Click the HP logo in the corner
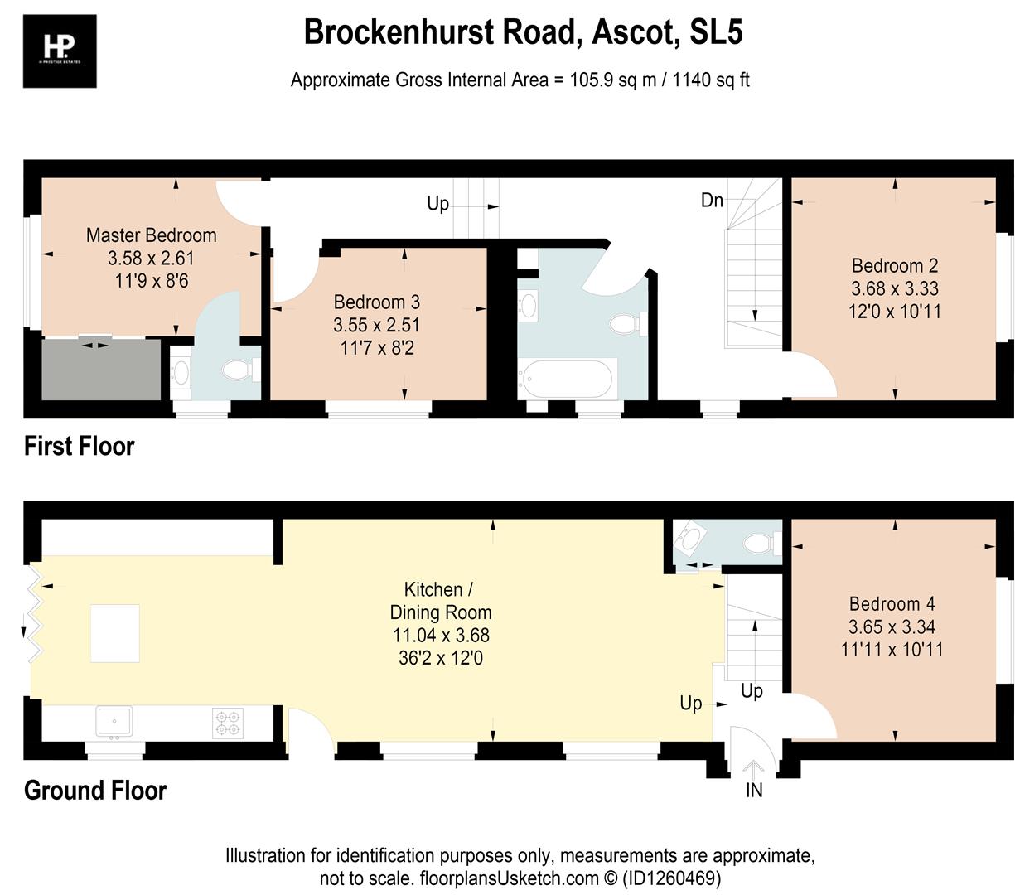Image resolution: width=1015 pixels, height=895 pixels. (x=60, y=51)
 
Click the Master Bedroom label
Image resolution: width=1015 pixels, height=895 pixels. (x=151, y=235)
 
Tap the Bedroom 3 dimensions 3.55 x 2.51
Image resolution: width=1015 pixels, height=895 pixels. (x=376, y=325)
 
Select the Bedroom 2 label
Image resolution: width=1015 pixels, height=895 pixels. (x=894, y=265)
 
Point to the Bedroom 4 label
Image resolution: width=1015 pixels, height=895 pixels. (x=892, y=604)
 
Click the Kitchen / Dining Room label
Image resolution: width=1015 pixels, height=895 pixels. (x=440, y=601)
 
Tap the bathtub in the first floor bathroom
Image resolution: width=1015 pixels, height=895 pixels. (x=568, y=380)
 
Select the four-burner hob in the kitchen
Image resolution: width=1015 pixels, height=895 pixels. (x=227, y=722)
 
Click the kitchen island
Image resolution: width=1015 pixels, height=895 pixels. (x=115, y=633)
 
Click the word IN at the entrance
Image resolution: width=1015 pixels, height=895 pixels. (x=753, y=790)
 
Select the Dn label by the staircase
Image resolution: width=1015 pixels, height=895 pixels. (x=712, y=200)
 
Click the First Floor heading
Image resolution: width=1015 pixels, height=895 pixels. (x=79, y=446)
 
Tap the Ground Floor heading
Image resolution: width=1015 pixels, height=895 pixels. (x=95, y=790)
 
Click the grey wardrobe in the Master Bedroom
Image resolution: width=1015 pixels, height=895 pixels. (x=101, y=370)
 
